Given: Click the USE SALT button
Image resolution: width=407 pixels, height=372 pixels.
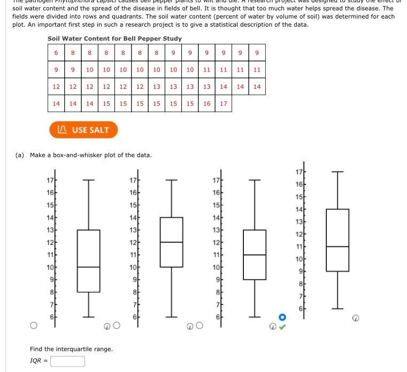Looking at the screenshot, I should click(83, 130).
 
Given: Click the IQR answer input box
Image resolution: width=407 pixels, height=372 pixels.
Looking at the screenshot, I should click(67, 361).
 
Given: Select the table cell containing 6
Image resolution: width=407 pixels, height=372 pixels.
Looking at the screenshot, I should click(56, 53).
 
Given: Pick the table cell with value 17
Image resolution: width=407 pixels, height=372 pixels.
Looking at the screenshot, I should click(223, 103).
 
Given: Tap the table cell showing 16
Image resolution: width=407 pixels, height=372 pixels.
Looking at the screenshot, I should click(206, 103).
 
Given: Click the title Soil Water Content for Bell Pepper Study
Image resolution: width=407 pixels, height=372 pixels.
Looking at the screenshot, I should click(114, 38).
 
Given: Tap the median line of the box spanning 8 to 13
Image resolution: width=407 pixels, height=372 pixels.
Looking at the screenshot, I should click(88, 267).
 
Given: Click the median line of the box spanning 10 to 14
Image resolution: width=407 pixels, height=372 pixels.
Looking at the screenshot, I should click(172, 242).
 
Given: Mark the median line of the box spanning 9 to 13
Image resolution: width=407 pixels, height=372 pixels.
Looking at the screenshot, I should click(255, 255).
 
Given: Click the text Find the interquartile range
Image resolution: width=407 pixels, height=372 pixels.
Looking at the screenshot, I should click(71, 349).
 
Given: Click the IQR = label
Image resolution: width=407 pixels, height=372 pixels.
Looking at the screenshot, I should click(39, 361).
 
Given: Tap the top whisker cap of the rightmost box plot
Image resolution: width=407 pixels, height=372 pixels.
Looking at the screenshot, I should click(337, 172).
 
